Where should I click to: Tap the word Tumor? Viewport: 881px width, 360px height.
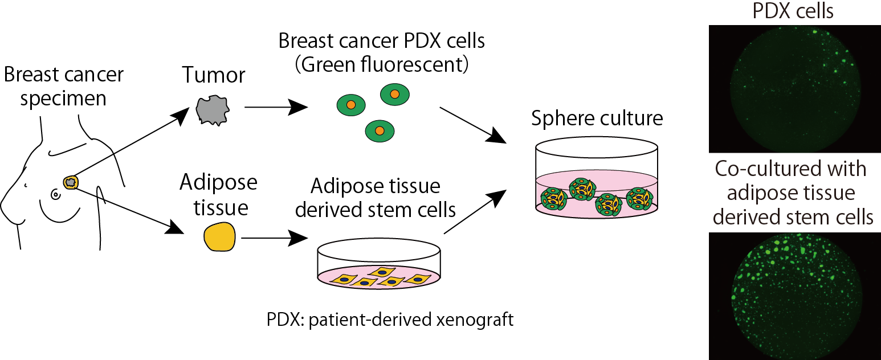coord(214,75)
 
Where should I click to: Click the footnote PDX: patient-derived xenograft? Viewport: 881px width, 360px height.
coord(390,319)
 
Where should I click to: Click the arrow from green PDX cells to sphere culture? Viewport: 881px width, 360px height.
coord(472,124)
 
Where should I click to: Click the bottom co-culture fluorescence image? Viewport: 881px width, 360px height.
coord(793,295)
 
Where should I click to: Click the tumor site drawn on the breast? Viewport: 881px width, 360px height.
coord(70,182)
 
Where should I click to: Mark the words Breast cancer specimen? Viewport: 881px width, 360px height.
coord(63,86)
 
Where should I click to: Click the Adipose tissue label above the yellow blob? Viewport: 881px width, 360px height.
coord(218,195)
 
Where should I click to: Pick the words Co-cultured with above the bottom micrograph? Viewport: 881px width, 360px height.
coord(793,169)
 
